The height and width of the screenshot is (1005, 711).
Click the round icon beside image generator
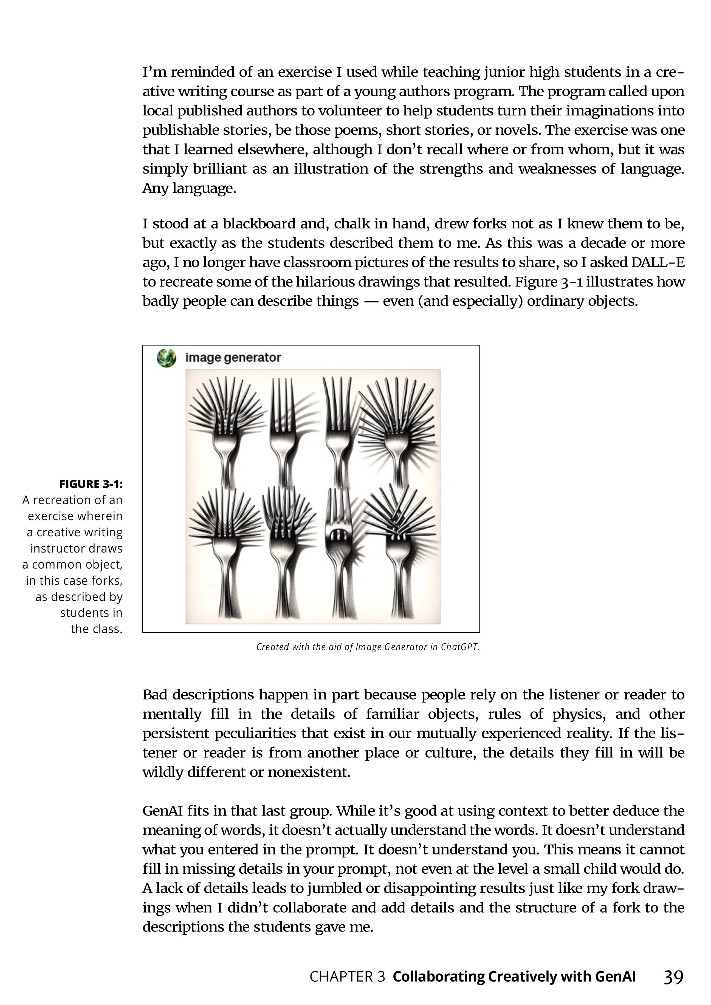click(167, 358)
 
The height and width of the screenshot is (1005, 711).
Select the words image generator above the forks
click(233, 358)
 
